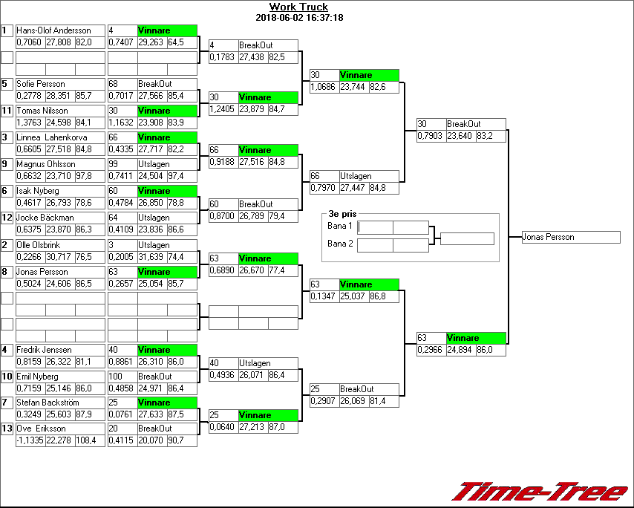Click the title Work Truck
coord(298,7)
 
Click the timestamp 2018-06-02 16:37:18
coord(298,17)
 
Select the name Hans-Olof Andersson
coord(53,30)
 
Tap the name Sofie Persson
coord(41,84)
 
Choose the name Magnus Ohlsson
coord(46,164)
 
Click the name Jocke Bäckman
coord(45,218)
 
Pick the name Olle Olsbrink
coord(42,244)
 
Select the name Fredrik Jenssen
coord(45,350)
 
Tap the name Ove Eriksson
coord(42,429)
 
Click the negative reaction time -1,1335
coord(30,440)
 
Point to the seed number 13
coord(7,429)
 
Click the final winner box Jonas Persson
coord(570,238)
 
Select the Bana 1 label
coord(339,225)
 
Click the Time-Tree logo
coord(540,492)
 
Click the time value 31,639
coord(151,256)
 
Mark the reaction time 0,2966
coord(431,349)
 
